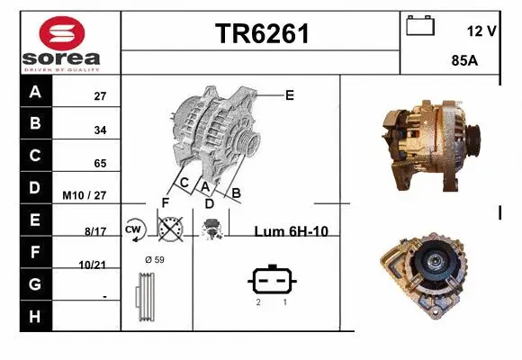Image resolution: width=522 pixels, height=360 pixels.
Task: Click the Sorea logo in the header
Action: [61, 43]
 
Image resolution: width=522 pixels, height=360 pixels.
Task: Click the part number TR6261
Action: [261, 34]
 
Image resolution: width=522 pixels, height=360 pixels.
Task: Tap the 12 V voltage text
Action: [481, 31]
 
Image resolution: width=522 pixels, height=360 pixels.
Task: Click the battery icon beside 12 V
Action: [419, 25]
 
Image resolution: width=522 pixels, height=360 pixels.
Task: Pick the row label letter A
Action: [35, 92]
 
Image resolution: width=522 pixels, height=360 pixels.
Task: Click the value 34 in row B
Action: [101, 130]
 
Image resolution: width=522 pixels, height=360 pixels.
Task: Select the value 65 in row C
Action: [101, 164]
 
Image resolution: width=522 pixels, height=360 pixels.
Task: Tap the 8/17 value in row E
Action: [95, 231]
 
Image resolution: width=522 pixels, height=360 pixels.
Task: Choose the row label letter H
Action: [35, 316]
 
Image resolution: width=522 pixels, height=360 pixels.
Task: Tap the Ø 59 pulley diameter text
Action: [155, 260]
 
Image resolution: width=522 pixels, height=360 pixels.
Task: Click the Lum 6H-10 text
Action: [291, 231]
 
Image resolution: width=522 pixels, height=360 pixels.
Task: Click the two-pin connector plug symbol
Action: [271, 279]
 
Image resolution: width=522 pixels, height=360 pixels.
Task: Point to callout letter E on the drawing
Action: [289, 94]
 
